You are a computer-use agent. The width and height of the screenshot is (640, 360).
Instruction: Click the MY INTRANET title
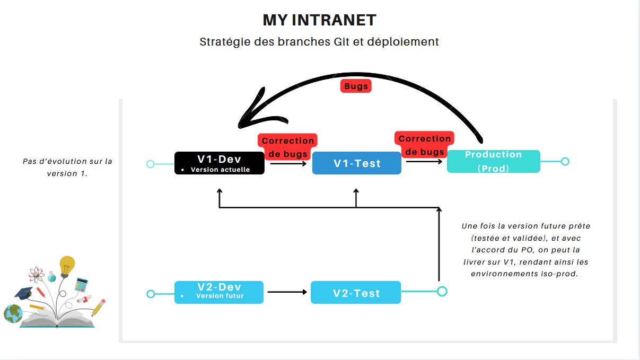319,20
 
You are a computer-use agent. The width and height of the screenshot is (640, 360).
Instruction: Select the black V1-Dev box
219,163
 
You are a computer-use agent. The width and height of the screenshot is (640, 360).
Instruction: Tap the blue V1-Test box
356,163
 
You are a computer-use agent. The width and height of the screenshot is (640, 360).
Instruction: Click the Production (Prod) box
493,161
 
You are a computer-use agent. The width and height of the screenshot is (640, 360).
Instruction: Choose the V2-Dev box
218,292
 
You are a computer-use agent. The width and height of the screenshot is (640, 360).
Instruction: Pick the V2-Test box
355,293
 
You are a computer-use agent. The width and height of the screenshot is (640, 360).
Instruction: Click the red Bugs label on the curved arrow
356,86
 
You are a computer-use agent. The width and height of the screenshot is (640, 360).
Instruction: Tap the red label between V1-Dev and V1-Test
287,147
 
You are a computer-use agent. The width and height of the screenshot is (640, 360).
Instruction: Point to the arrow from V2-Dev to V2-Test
287,292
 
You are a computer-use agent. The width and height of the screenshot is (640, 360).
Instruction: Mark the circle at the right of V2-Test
442,291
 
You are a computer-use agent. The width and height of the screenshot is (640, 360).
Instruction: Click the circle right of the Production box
565,161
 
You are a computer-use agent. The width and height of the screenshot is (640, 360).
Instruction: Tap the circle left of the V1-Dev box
150,164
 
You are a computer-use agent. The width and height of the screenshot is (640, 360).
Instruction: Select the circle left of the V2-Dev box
151,294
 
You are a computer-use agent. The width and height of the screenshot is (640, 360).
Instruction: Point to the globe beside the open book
13,313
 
